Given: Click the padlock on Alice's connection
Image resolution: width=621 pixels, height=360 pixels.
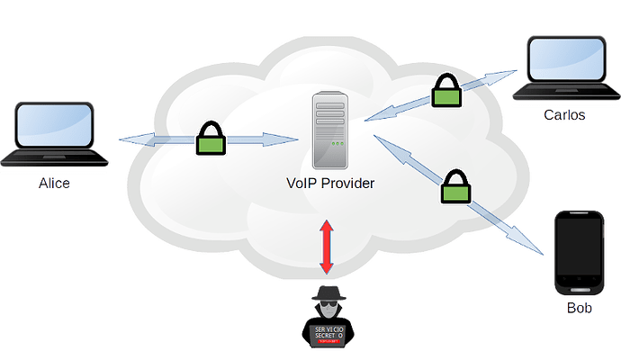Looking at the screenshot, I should pos(210,139).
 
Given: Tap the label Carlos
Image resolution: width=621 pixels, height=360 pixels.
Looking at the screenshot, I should pos(564,116).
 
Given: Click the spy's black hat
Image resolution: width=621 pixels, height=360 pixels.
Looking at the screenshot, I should pos(327,292).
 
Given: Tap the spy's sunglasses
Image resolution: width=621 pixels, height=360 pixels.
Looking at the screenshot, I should pos(327,307).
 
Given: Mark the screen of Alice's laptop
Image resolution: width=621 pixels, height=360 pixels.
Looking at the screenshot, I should pos(53,127).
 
